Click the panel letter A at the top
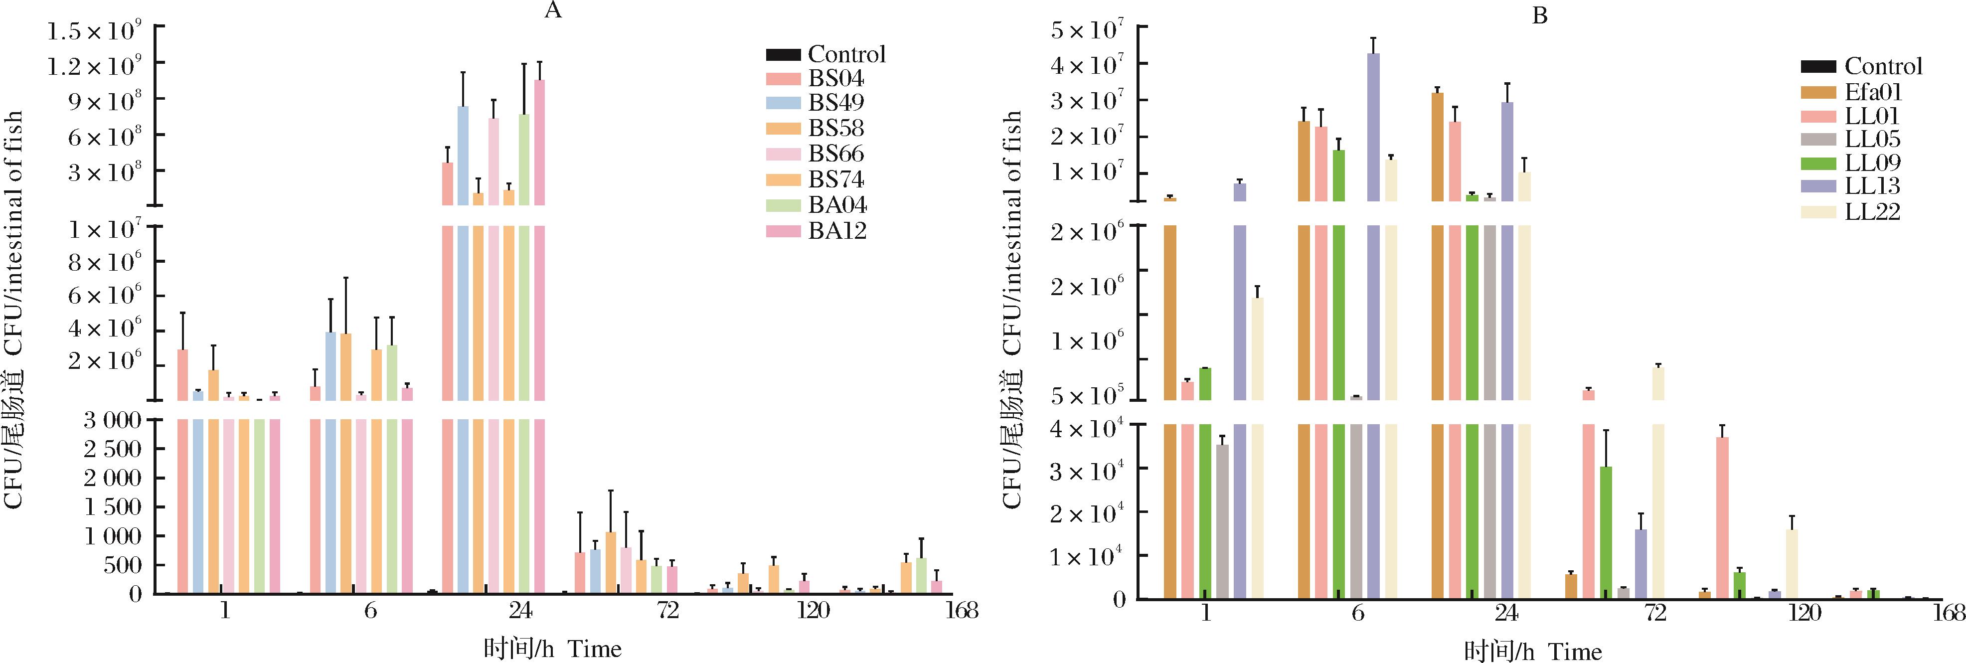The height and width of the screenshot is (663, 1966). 553,10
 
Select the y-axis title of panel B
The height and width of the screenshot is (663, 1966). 1012,309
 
